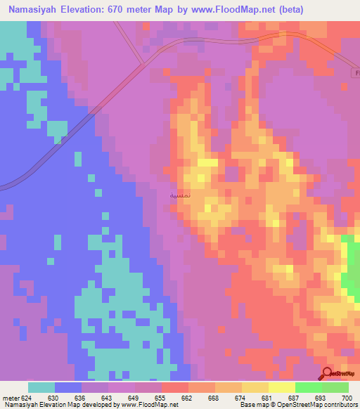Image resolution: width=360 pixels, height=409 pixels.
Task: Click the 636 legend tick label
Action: click(x=82, y=398)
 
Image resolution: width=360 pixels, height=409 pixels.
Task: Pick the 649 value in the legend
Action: click(x=135, y=398)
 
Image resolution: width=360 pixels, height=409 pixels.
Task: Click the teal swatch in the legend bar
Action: click(x=41, y=387)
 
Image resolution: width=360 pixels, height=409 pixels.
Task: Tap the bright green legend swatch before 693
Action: click(x=308, y=387)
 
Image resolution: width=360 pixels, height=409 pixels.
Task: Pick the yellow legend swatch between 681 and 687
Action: click(x=281, y=387)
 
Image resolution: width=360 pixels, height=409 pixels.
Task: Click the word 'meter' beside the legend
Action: click(x=11, y=398)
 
